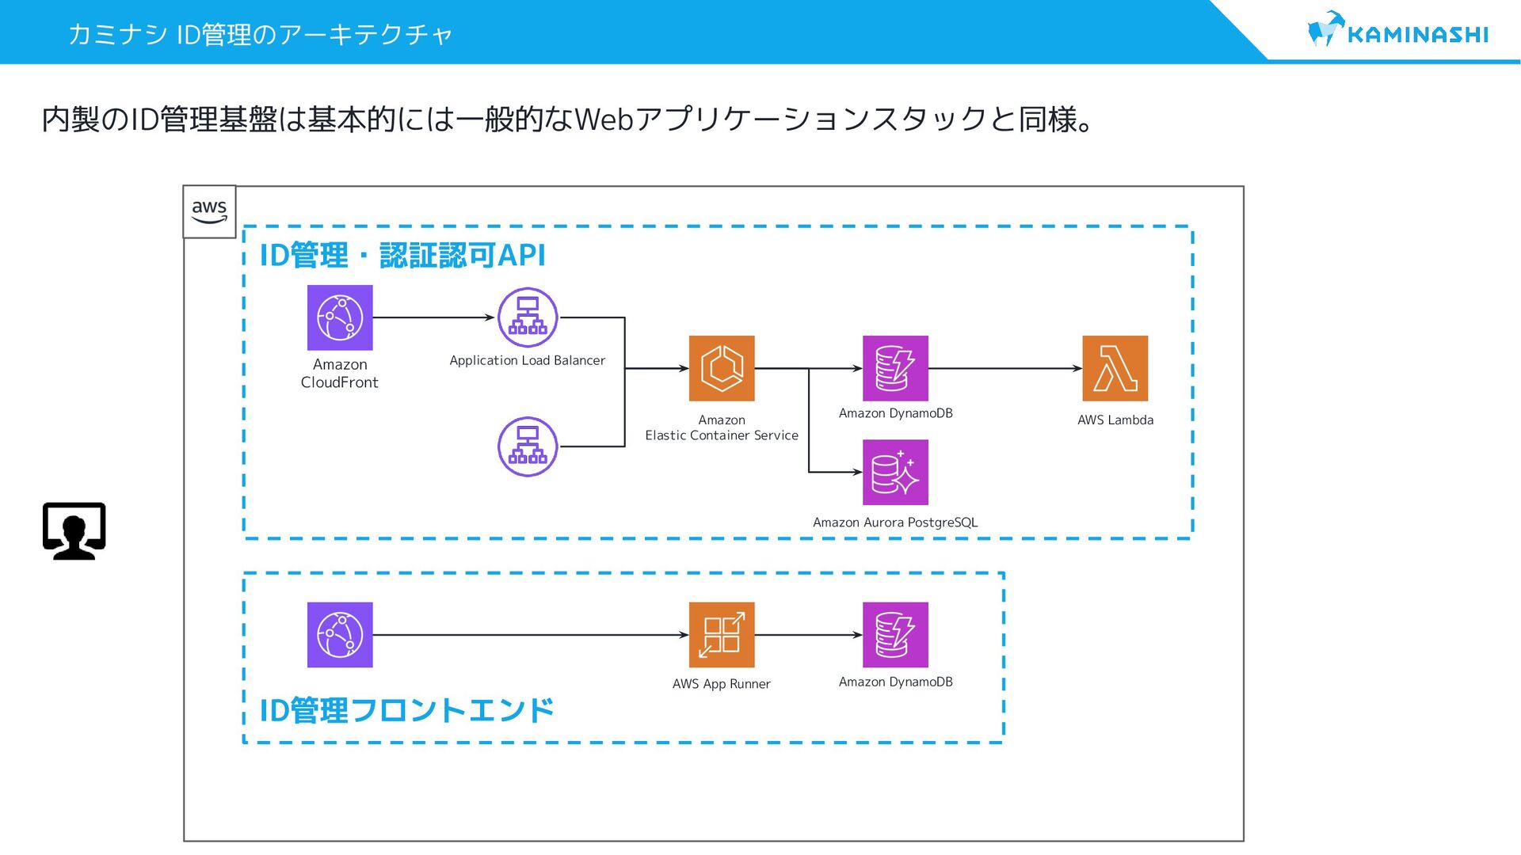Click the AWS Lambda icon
[1115, 368]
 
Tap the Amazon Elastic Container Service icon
[722, 368]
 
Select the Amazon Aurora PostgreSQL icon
[895, 472]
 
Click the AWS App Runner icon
[722, 635]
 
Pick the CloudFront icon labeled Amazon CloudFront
[340, 317]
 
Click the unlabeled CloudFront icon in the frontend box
[340, 635]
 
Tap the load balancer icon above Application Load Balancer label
[528, 317]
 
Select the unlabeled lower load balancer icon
[528, 446]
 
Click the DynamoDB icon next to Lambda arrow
[895, 368]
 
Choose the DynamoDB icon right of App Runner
[895, 635]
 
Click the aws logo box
[209, 211]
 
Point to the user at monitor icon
[74, 530]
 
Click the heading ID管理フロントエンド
[406, 710]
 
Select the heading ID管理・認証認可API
[402, 255]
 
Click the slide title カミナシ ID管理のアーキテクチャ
[260, 34]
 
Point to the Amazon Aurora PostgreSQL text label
[895, 522]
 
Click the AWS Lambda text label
[1115, 420]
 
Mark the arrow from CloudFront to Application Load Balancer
[434, 317]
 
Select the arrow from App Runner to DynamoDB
[809, 635]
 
